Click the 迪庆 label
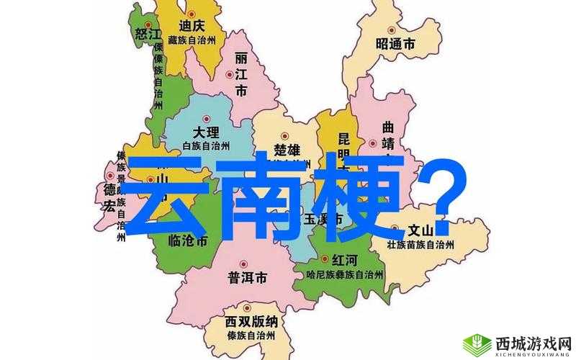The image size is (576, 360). [191, 26]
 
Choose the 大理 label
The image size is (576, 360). [206, 132]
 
